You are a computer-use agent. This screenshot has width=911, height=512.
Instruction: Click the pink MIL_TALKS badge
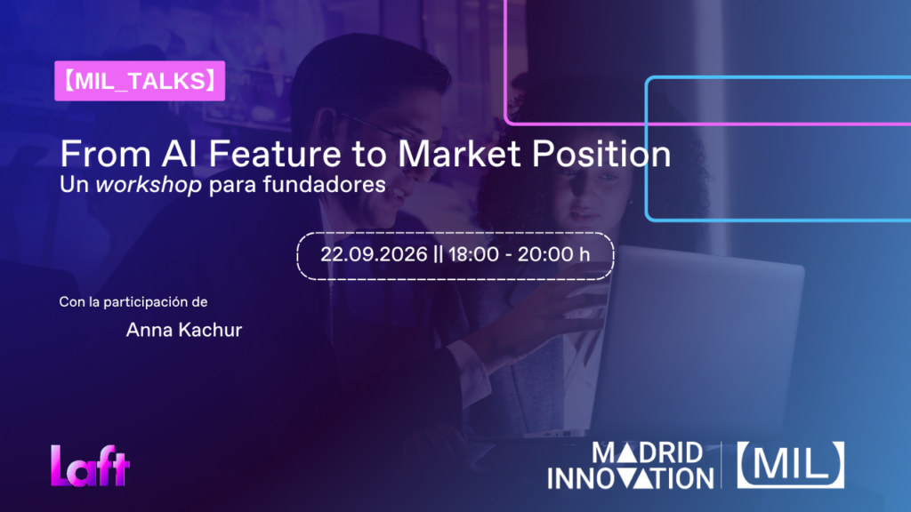(140, 81)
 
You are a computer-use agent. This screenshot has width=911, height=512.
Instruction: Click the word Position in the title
(601, 154)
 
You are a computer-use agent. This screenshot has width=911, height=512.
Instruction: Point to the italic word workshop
(149, 185)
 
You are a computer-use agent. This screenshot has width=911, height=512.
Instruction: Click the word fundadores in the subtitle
(324, 185)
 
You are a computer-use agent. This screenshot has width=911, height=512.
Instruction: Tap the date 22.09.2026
(374, 254)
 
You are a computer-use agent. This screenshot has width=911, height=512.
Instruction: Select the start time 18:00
(473, 254)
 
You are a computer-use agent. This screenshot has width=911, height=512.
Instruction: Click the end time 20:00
(543, 254)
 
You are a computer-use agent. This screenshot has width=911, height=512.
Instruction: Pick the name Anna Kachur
(183, 330)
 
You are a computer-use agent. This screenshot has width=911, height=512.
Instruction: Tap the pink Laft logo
(90, 466)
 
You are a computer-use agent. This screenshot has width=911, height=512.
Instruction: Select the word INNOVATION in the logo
(631, 479)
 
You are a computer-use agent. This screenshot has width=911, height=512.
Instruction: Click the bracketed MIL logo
(791, 464)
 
